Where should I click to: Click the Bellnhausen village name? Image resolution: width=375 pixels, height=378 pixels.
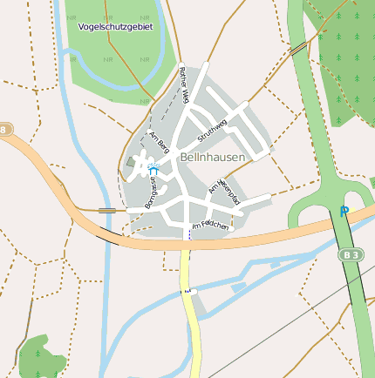pyautogui.click(x=214, y=157)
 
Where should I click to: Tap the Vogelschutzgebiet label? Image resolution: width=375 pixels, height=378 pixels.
pyautogui.click(x=115, y=27)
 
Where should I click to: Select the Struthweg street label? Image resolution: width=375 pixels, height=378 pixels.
pyautogui.click(x=213, y=130)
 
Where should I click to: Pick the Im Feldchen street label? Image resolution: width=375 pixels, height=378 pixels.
pyautogui.click(x=209, y=226)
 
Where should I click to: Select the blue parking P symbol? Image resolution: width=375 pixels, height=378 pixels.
pyautogui.click(x=344, y=211)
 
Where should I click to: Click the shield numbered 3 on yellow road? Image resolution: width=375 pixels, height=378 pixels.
pyautogui.click(x=186, y=290)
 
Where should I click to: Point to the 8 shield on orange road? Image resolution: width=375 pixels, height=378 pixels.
pyautogui.click(x=6, y=130)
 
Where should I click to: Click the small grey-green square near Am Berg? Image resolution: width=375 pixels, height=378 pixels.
pyautogui.click(x=131, y=161)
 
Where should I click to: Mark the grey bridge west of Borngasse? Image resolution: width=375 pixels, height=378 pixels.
pyautogui.click(x=108, y=210)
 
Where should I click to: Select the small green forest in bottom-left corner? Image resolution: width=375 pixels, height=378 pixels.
pyautogui.click(x=39, y=357)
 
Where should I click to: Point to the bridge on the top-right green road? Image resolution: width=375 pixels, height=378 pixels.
pyautogui.click(x=298, y=50)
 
